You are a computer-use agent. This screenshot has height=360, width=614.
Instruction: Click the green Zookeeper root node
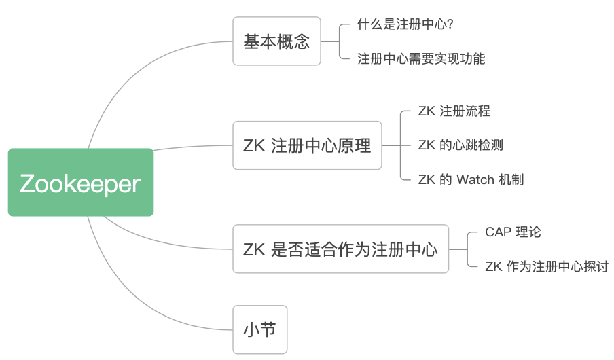pos(81,182)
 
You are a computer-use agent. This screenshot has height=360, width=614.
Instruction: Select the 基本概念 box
pos(276,41)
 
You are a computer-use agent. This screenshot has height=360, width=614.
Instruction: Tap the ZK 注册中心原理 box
pos(307,145)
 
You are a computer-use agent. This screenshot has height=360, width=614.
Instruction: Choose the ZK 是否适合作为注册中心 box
pos(340,249)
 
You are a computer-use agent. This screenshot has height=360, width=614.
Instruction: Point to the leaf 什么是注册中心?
pos(405,24)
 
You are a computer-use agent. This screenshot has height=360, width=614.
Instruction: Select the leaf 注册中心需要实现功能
pos(421,58)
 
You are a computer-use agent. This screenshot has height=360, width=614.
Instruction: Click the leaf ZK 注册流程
pos(454,111)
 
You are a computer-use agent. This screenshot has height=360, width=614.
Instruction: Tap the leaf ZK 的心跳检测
pos(460,145)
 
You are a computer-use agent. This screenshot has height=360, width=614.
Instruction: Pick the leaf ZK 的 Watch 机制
pos(471,179)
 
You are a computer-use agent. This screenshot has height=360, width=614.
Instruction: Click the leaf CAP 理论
pos(513,232)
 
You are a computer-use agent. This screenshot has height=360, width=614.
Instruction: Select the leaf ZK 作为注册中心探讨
pos(546,266)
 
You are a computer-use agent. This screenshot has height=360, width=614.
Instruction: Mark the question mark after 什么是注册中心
pos(450,24)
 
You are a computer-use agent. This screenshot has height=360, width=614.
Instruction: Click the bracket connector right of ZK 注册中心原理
pos(400,145)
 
